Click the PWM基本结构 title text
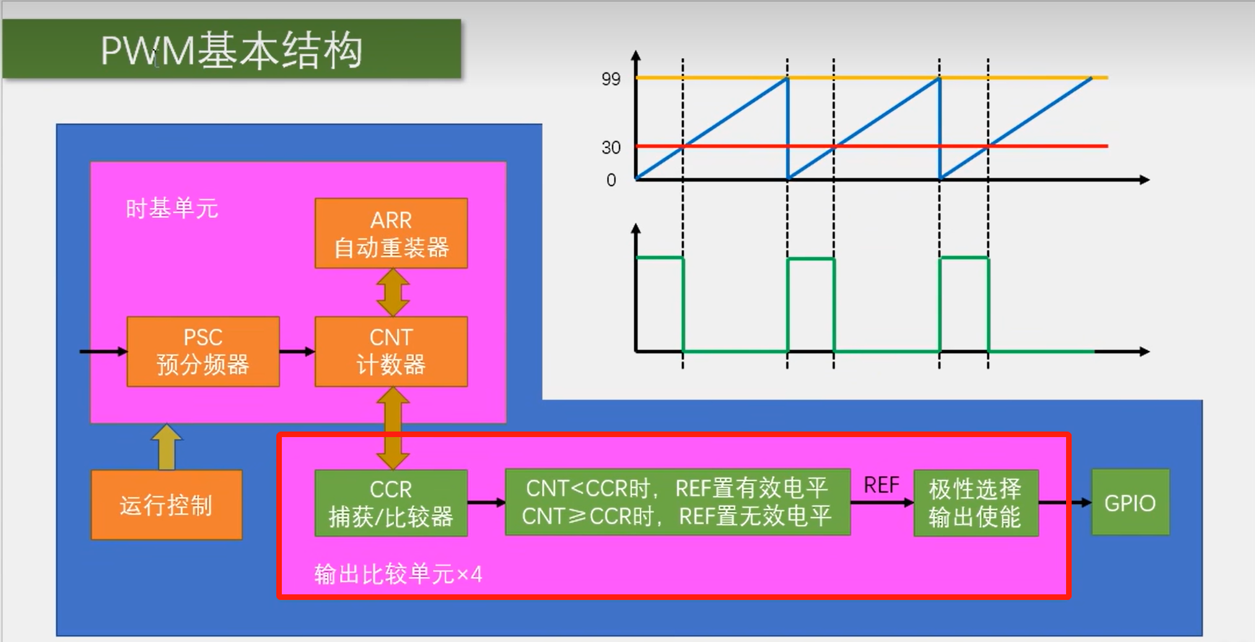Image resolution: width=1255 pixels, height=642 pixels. click(x=231, y=50)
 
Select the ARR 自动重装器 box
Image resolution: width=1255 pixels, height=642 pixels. click(x=391, y=233)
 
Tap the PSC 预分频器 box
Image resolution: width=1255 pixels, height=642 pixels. click(x=203, y=352)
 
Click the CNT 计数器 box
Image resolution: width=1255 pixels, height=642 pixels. click(x=391, y=352)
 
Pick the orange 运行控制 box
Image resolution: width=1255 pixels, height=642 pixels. click(x=166, y=505)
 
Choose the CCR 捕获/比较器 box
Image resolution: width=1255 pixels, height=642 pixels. click(x=391, y=503)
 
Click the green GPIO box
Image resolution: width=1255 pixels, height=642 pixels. click(x=1130, y=503)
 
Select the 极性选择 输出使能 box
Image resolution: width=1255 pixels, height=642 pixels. click(x=975, y=503)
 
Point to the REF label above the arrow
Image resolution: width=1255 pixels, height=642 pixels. click(x=881, y=485)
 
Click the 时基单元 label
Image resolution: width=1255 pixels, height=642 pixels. click(x=172, y=209)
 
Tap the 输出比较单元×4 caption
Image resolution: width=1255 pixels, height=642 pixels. click(x=398, y=575)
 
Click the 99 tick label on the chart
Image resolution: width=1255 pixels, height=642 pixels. click(x=611, y=79)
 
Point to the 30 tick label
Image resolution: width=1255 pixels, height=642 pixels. click(x=611, y=147)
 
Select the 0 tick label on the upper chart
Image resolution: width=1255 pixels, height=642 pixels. click(x=611, y=180)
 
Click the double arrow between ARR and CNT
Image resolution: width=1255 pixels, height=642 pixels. click(x=393, y=292)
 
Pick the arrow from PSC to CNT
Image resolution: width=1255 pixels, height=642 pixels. click(x=297, y=352)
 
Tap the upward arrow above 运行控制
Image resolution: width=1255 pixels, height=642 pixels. click(x=167, y=446)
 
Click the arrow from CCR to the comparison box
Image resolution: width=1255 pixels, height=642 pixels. click(x=486, y=503)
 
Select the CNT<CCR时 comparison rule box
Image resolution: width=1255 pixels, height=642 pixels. click(x=677, y=503)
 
